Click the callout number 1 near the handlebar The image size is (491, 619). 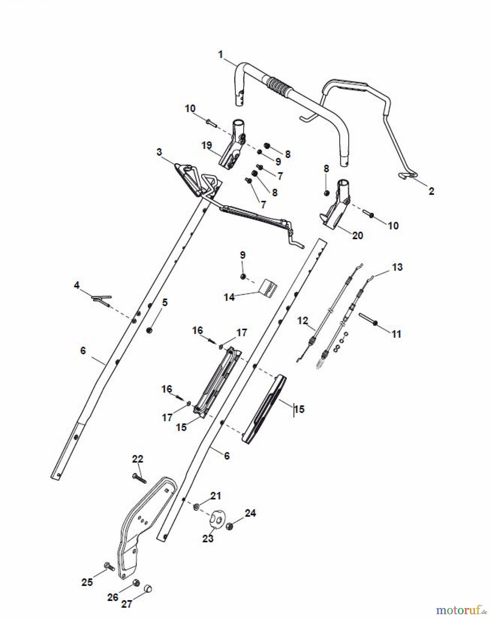coord(220,55)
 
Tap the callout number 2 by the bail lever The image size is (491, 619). coord(431,191)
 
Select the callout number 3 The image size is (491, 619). coord(159,152)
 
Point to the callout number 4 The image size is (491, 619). coord(77,285)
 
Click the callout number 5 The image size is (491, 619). coord(165,303)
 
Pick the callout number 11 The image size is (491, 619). coord(396,334)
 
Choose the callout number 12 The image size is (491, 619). coord(302,321)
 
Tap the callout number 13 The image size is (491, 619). coord(397,267)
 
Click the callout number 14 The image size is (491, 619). coord(229,297)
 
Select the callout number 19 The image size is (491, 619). coord(207,145)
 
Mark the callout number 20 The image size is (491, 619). coord(357,236)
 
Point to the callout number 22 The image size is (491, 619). coord(138,459)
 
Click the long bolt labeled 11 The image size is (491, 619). coord(368,319)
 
